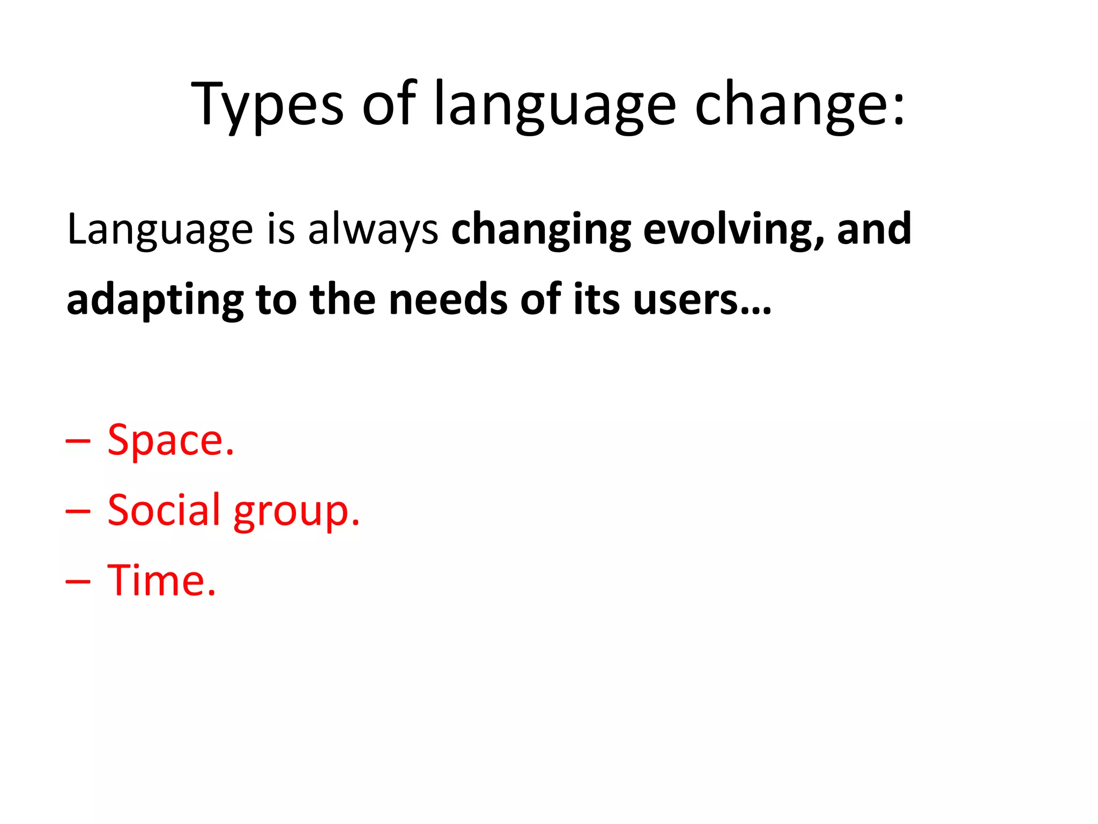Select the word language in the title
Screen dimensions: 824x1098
pyautogui.click(x=555, y=105)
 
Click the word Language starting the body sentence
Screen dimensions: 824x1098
pyautogui.click(x=160, y=230)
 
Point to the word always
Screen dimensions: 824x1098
pyautogui.click(x=373, y=230)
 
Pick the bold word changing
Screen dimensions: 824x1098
pyautogui.click(x=541, y=230)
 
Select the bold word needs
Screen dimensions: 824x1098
pyautogui.click(x=448, y=299)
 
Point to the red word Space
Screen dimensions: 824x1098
pyautogui.click(x=170, y=440)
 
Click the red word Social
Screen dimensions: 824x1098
pyautogui.click(x=164, y=510)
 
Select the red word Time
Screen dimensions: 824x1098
pyautogui.click(x=161, y=580)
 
